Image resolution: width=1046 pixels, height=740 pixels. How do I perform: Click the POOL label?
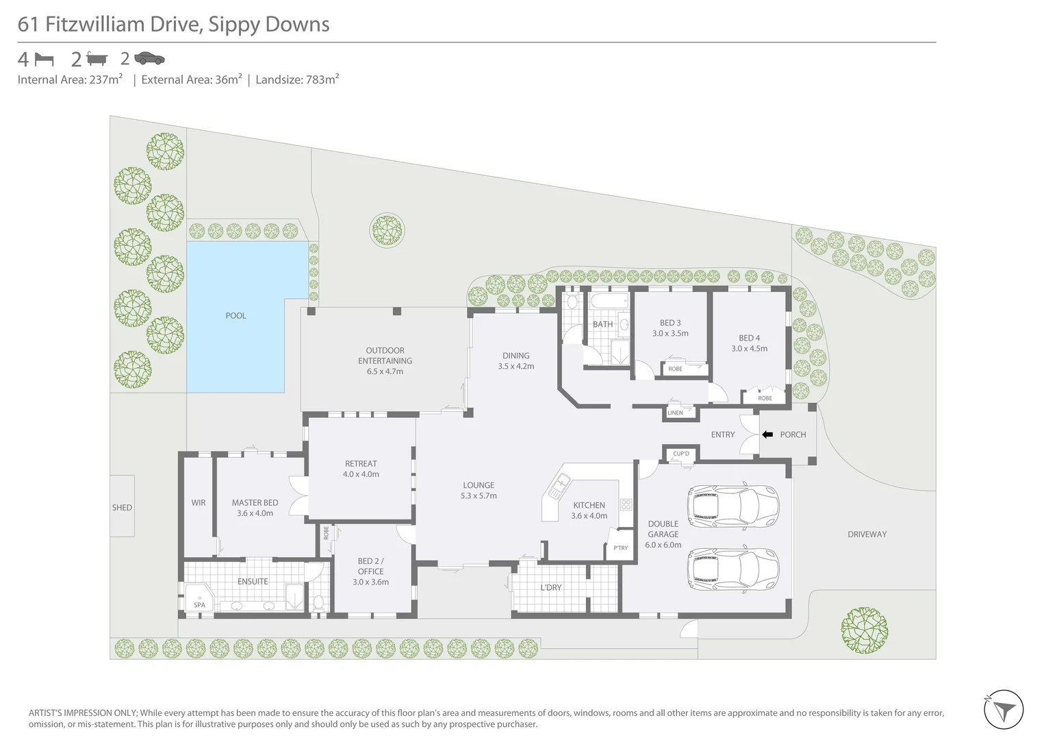tap(235, 316)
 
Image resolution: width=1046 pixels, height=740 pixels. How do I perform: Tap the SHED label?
tap(122, 508)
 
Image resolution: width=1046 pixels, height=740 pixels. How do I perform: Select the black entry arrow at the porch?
tap(767, 434)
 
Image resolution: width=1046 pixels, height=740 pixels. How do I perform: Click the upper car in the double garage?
tap(733, 506)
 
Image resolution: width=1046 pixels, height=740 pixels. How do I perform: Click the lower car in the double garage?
tap(733, 567)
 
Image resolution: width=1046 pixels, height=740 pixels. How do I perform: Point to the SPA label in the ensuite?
tap(199, 605)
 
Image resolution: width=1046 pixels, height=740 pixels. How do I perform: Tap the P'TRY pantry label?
tap(620, 548)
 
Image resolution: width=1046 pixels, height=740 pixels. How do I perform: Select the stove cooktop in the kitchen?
tap(626, 505)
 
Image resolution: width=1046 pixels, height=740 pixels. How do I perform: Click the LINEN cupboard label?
tap(675, 413)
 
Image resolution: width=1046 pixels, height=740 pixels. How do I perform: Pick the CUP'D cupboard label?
tap(681, 454)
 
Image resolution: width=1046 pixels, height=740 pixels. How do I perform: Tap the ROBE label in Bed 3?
tap(675, 369)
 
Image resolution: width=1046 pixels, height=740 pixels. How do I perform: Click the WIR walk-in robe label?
tap(199, 503)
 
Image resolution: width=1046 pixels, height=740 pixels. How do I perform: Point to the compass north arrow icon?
tap(1003, 710)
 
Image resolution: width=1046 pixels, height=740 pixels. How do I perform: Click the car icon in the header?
tap(149, 58)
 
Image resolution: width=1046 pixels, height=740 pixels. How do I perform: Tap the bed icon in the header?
tap(44, 59)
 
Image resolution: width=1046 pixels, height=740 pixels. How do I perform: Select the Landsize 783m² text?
tap(297, 79)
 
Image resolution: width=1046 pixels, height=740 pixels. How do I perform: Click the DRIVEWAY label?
tap(867, 534)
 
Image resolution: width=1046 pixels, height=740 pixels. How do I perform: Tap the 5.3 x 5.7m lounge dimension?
tap(479, 496)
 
